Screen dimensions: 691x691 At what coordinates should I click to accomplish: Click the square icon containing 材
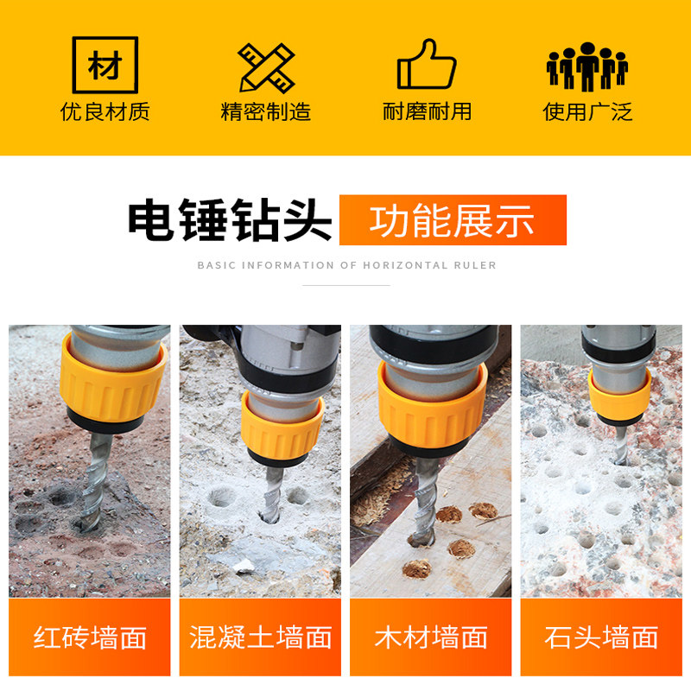point(105,65)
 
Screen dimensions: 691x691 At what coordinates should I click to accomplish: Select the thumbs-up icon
point(427,65)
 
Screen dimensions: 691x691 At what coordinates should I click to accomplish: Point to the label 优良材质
point(105,111)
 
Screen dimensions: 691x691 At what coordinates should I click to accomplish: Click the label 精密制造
point(266,111)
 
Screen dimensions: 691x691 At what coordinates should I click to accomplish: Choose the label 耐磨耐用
point(427,111)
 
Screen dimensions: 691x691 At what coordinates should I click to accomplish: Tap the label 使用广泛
point(587,111)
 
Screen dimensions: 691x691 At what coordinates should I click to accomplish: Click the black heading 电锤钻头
point(230,220)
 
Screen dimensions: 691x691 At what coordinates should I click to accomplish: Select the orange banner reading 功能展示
point(453,220)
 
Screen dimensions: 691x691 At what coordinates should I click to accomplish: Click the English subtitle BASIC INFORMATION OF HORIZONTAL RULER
point(346,265)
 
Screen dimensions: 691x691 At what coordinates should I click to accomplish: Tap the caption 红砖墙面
point(90,638)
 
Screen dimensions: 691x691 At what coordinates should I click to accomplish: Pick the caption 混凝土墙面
point(260,638)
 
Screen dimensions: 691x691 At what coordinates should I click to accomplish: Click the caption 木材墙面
point(430,638)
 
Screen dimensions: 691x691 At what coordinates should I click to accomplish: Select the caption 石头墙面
point(601,638)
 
